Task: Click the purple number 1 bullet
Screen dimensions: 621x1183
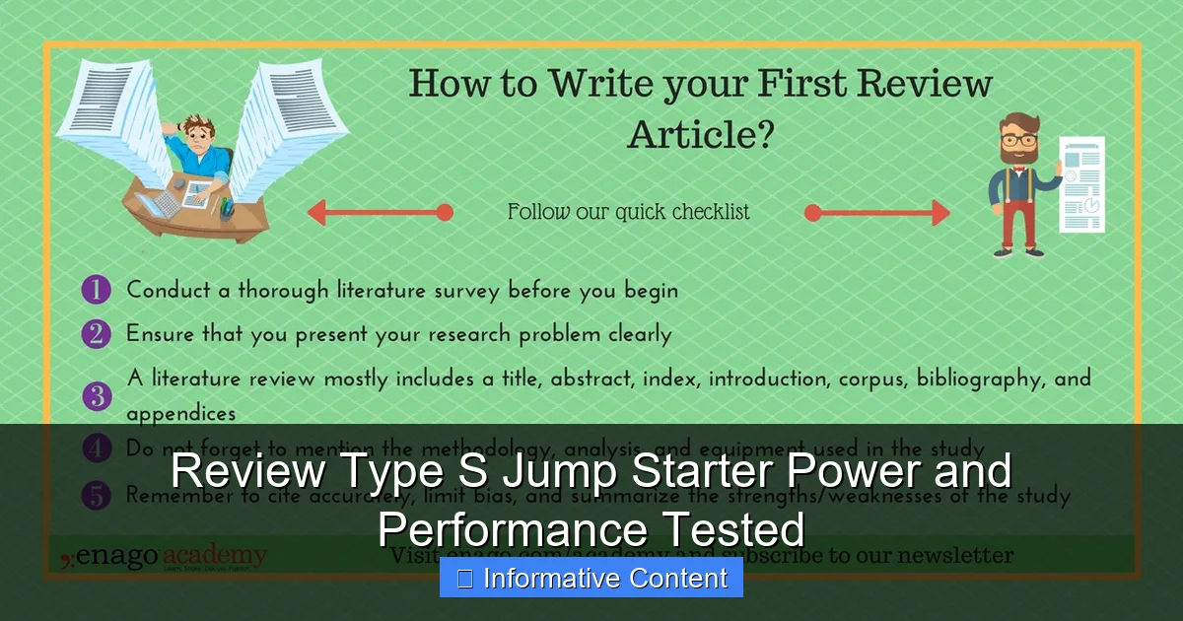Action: click(x=96, y=291)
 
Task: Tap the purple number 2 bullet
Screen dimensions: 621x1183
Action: click(x=96, y=334)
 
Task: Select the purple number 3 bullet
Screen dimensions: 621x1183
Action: click(x=96, y=396)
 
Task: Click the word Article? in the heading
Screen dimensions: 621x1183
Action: click(x=700, y=134)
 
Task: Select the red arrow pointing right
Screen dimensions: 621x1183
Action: click(x=876, y=213)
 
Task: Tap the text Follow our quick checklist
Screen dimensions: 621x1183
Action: click(x=628, y=212)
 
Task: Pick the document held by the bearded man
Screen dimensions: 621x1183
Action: click(x=1081, y=184)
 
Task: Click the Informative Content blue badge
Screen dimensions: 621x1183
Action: click(x=591, y=579)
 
